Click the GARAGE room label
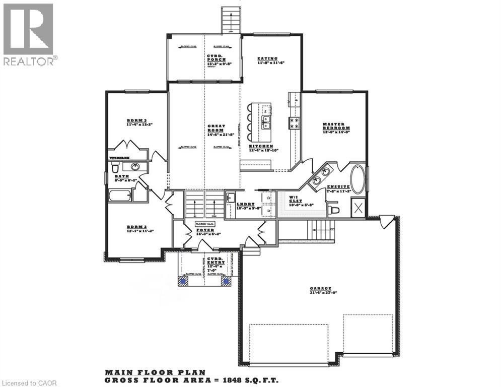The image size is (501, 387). [319, 289]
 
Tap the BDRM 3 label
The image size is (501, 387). [135, 121]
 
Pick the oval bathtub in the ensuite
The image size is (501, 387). [358, 179]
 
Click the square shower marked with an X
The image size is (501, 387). [358, 207]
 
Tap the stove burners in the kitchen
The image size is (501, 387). [294, 122]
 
